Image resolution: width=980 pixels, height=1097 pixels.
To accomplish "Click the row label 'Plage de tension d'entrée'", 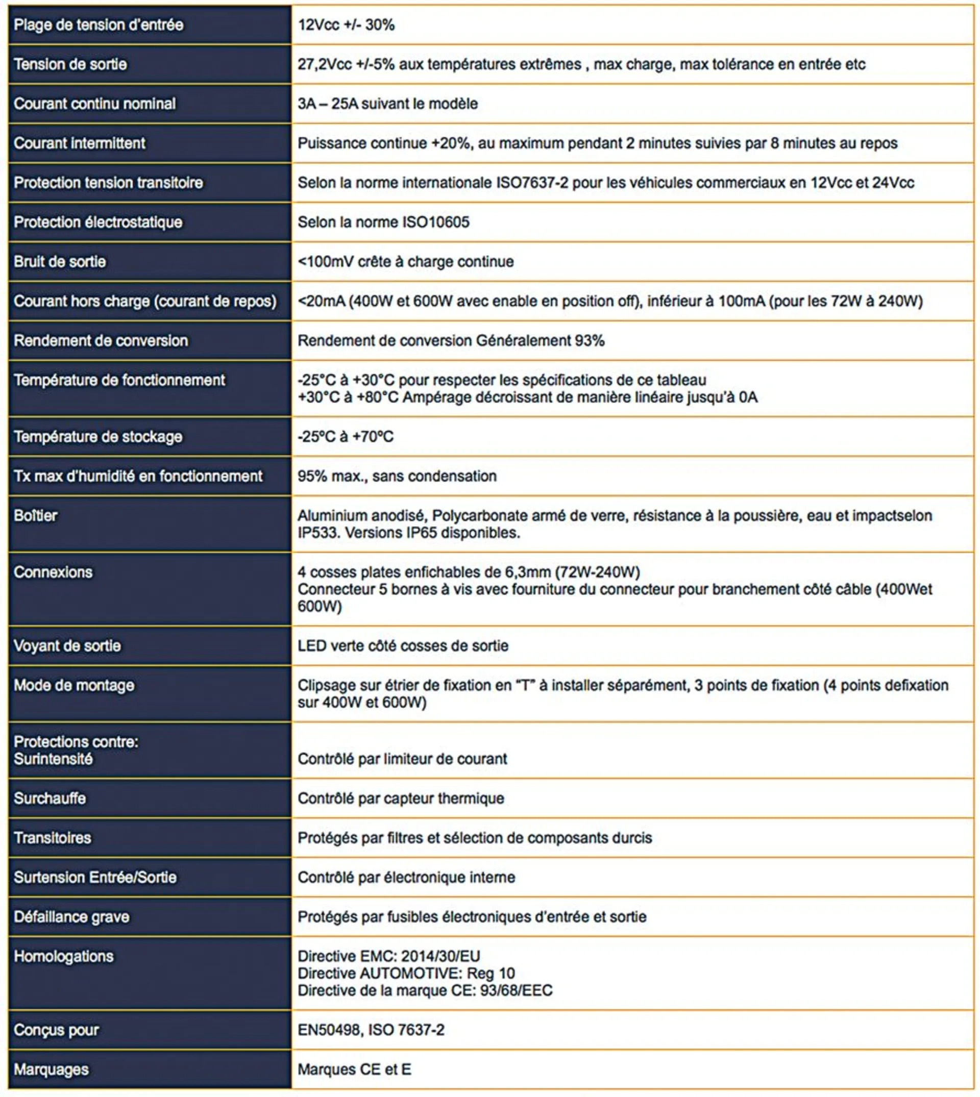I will point(99,25).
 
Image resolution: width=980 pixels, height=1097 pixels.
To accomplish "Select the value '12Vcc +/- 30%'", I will point(346,25).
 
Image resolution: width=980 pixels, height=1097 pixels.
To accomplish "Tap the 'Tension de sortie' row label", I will point(70,64).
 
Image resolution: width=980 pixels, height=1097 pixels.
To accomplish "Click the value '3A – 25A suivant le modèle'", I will point(388,104).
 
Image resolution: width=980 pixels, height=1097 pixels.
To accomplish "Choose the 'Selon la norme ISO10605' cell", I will point(383,222).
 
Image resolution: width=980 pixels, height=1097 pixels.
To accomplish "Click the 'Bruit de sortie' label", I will point(60,262).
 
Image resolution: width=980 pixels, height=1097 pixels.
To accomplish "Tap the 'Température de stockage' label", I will point(98,437).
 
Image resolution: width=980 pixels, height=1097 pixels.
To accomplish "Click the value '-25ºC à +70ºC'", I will point(346,437).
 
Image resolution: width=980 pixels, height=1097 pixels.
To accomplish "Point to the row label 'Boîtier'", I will point(36,516).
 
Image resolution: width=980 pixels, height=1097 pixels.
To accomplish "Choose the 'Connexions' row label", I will point(53,571).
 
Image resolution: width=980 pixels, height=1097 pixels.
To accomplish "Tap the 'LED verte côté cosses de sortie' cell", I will point(403,645).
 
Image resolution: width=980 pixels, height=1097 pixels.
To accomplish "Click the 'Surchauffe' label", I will point(50,797).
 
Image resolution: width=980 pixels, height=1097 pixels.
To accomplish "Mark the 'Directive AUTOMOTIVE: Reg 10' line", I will point(406,973).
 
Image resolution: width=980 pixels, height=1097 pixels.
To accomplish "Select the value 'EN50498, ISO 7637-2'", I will point(371,1030).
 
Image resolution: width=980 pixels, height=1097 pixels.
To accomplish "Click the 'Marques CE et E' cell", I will point(354,1069).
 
